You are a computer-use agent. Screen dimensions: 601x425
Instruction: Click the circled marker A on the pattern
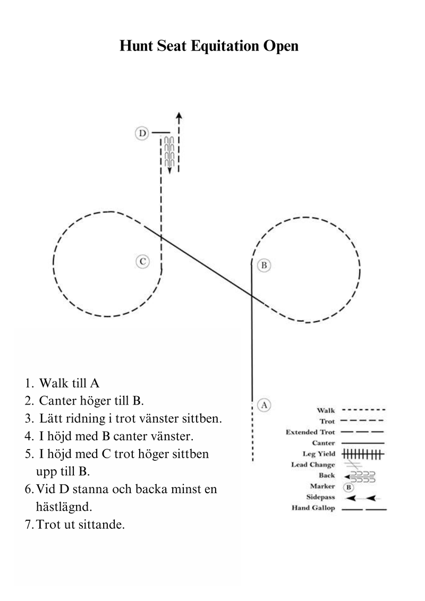pyautogui.click(x=264, y=405)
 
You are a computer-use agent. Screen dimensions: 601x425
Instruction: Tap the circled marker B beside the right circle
pyautogui.click(x=263, y=265)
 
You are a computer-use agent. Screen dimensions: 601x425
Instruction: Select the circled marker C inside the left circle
pyautogui.click(x=142, y=261)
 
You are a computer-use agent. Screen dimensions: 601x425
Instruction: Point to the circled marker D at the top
pyautogui.click(x=142, y=133)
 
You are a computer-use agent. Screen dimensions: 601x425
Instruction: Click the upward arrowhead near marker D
pyautogui.click(x=179, y=115)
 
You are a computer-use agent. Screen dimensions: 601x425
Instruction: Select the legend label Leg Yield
pyautogui.click(x=318, y=453)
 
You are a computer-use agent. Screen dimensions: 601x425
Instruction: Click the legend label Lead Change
pyautogui.click(x=313, y=465)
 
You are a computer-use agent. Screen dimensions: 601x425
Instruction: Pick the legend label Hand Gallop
pyautogui.click(x=313, y=508)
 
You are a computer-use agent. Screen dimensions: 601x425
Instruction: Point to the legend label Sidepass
pyautogui.click(x=320, y=497)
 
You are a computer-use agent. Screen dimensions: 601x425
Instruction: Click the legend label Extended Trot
pyautogui.click(x=310, y=432)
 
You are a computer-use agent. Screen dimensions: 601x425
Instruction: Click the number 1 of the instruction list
pyautogui.click(x=27, y=384)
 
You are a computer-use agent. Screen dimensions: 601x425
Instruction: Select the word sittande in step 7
pyautogui.click(x=101, y=525)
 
